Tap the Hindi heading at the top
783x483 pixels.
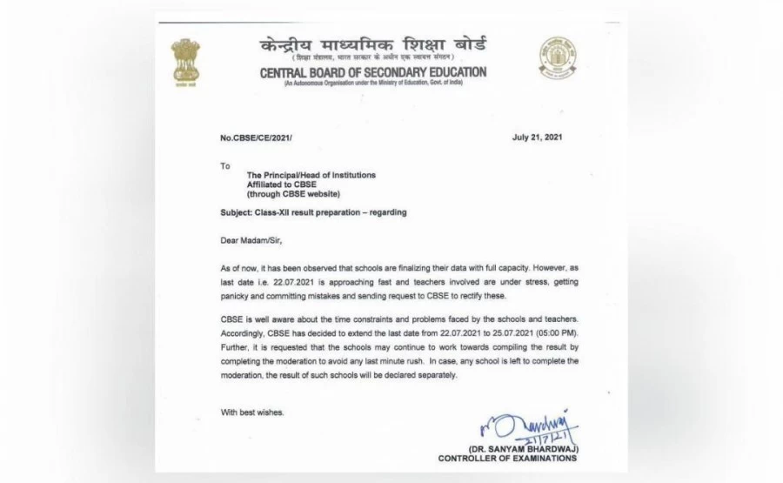(x=373, y=44)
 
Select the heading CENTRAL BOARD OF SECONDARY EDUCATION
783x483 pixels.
(x=373, y=73)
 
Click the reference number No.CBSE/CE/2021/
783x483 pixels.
(x=258, y=138)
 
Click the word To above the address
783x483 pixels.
(x=225, y=164)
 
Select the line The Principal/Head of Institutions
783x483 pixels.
(x=311, y=175)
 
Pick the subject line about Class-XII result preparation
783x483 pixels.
(x=314, y=212)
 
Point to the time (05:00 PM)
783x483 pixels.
(x=555, y=332)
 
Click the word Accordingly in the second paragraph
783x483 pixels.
(x=246, y=332)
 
